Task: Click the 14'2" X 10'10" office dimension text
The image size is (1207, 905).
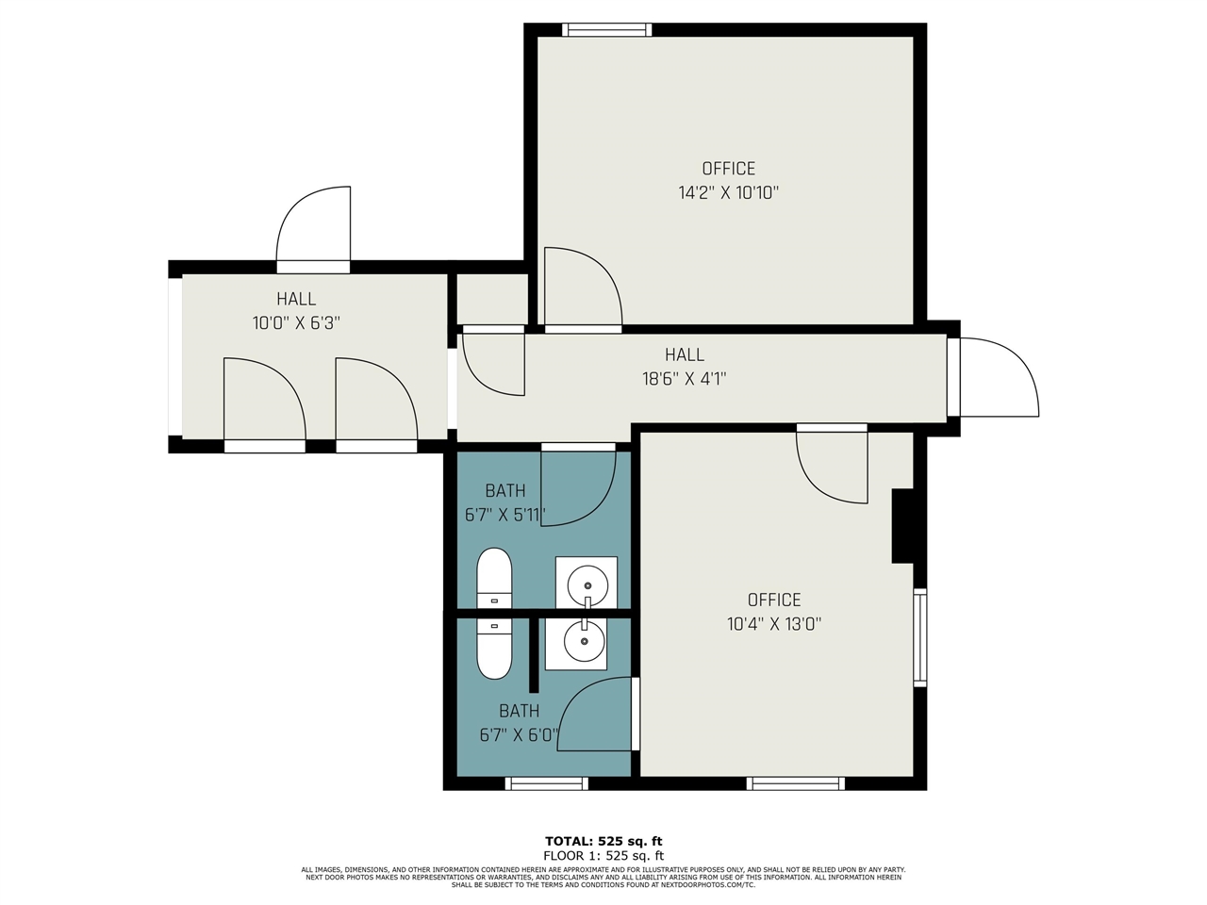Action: (728, 193)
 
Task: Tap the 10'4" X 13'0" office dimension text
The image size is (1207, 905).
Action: (774, 624)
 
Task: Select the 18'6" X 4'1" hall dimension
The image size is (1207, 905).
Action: (685, 379)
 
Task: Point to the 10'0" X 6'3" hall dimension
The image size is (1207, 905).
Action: (296, 322)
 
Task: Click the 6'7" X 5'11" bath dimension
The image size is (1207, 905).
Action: (505, 515)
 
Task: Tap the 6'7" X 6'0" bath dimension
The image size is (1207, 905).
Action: (519, 735)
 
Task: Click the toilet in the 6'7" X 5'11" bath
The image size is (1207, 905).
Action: (494, 578)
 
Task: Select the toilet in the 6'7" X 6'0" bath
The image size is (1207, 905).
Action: (494, 649)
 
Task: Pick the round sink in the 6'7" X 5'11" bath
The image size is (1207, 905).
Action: (587, 585)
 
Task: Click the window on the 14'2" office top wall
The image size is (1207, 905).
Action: (606, 29)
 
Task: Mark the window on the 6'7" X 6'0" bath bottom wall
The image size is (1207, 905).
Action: (547, 783)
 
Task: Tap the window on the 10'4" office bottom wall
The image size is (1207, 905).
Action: (795, 783)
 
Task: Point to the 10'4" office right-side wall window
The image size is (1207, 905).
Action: (920, 637)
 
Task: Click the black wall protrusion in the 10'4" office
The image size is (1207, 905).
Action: (902, 526)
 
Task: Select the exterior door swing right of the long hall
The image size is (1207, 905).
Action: (1000, 377)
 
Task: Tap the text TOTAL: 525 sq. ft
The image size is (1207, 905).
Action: (603, 841)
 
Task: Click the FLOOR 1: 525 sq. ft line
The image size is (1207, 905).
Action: (603, 856)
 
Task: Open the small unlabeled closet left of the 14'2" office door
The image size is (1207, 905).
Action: (492, 300)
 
